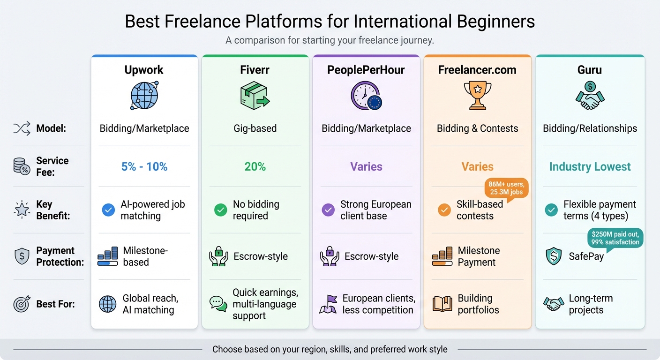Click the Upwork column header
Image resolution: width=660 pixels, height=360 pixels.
144,70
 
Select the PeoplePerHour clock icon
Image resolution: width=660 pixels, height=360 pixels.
366,96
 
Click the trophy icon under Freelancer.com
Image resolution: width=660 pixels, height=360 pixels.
477,95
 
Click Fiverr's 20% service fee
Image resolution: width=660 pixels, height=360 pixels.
255,166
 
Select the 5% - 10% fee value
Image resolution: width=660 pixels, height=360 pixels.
144,166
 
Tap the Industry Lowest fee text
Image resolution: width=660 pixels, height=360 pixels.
590,166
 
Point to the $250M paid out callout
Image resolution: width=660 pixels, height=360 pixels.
615,238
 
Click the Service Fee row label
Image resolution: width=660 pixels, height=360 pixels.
52,166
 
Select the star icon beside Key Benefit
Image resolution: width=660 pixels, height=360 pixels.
22,210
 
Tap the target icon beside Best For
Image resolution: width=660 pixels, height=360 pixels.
22,304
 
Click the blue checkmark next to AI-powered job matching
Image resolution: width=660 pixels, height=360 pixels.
108,210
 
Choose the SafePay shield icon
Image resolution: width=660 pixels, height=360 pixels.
554,256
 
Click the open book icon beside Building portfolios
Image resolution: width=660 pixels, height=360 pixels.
442,304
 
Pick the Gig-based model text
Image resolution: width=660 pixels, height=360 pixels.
255,128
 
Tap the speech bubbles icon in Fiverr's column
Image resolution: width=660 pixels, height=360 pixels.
218,304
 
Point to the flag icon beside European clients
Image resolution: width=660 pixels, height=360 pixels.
329,304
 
